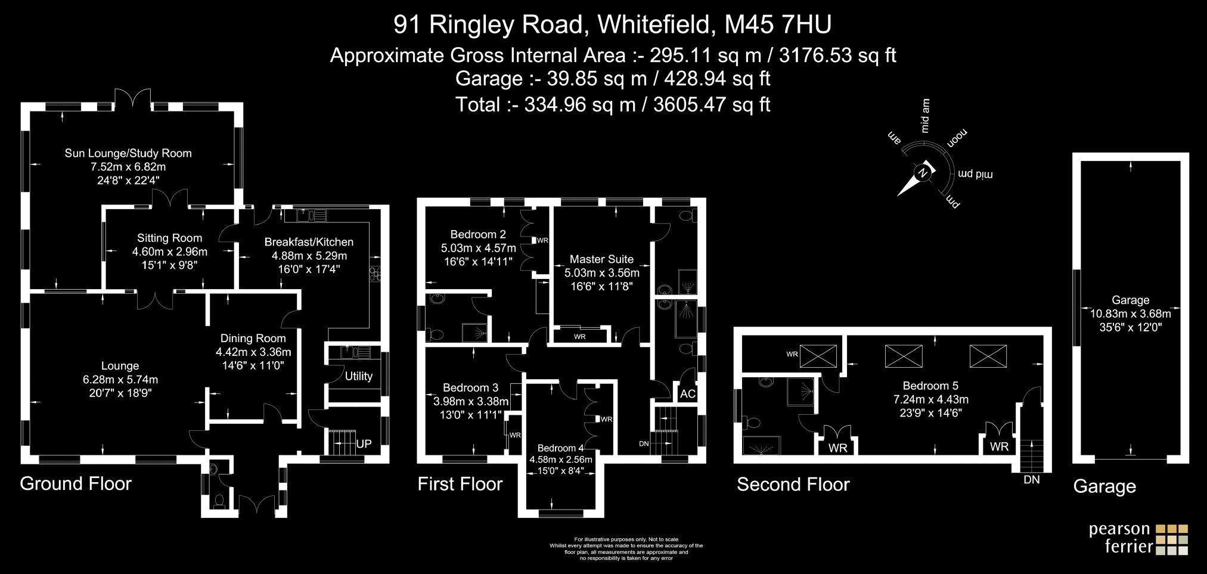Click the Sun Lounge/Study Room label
(x=128, y=153)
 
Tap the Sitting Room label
(x=169, y=238)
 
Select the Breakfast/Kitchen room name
(x=309, y=242)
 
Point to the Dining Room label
(x=253, y=339)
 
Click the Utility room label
(x=358, y=376)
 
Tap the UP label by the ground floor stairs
(x=364, y=444)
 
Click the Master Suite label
(x=601, y=259)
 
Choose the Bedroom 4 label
(x=560, y=448)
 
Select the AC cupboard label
(x=688, y=394)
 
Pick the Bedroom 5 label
(x=930, y=386)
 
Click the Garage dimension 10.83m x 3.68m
(x=1130, y=314)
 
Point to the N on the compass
(x=923, y=173)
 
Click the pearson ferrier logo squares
(x=1171, y=539)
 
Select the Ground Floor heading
(x=76, y=483)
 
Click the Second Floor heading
(x=793, y=485)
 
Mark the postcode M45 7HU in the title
(x=778, y=24)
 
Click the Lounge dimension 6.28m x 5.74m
(x=120, y=380)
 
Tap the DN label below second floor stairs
(x=1031, y=480)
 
